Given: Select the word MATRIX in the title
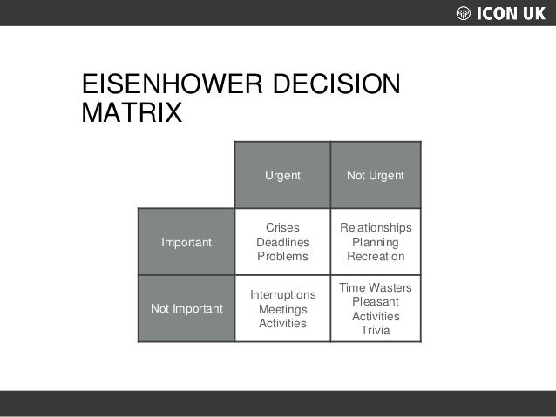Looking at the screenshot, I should (131, 114).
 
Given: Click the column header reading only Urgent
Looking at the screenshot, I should (282, 175).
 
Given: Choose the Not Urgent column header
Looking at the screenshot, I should (376, 175).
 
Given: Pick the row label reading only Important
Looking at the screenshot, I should (186, 242).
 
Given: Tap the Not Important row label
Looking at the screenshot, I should (186, 308).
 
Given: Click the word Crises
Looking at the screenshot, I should (282, 228).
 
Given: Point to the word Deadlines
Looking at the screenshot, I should (282, 242).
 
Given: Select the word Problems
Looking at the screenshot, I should (282, 257).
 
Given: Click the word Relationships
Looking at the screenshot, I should (376, 228).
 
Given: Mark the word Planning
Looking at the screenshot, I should (376, 242).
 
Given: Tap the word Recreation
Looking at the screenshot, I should (376, 257).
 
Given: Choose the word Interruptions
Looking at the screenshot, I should (282, 294).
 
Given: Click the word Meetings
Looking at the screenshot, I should (282, 309).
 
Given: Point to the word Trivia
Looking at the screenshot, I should (376, 331).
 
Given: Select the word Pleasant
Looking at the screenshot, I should (376, 301).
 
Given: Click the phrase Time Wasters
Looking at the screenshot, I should (376, 287).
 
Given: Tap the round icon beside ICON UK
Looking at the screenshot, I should (464, 13).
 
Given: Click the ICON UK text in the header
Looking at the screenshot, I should (512, 13).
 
